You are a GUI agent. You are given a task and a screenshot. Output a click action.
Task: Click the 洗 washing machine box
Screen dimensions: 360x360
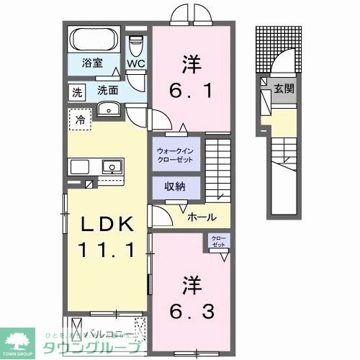[76, 91]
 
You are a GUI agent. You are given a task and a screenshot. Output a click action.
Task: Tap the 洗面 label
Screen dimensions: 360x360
[108, 91]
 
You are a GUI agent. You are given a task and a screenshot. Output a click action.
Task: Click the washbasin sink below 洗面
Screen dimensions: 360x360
[109, 109]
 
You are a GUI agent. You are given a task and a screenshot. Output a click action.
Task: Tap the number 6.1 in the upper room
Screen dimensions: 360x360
[192, 89]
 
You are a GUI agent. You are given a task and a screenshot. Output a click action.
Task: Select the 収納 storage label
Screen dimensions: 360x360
[175, 186]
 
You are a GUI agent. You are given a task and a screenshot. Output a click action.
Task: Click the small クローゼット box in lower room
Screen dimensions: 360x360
[217, 242]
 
